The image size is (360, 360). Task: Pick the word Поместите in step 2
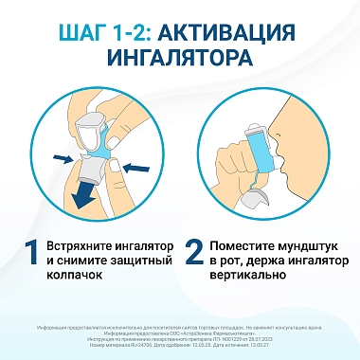[251, 243]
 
